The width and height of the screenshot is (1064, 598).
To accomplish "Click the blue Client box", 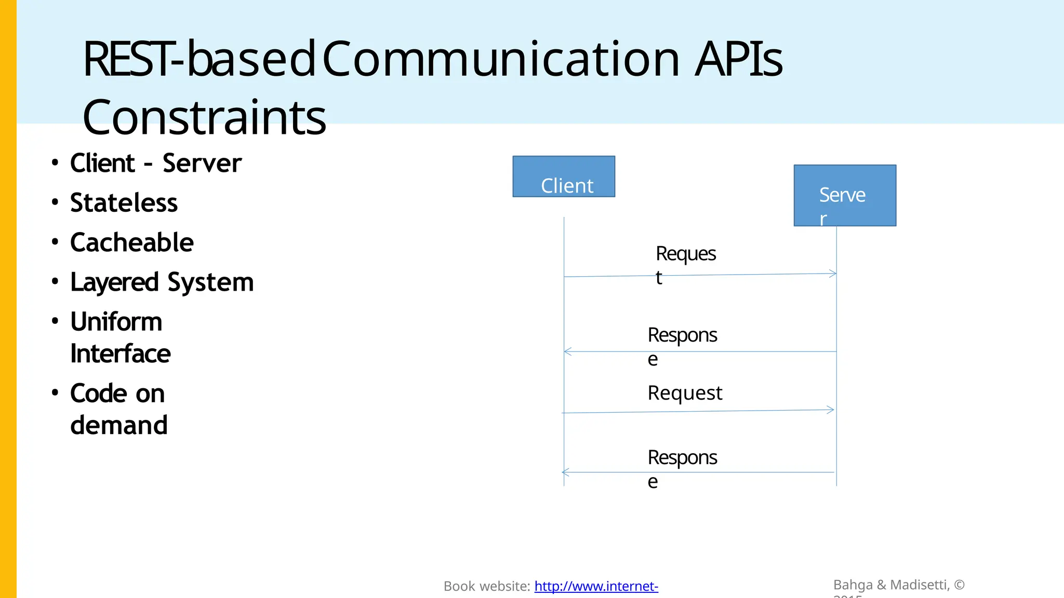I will coord(564,176).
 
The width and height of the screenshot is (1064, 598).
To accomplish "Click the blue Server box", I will coord(845,195).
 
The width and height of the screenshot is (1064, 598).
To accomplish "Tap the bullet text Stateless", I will coord(124,203).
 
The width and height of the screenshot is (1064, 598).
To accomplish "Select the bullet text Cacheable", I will coord(132,243).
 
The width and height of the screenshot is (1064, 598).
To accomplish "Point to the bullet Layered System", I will coord(162,283).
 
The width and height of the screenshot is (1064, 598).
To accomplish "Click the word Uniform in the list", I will coord(116,322).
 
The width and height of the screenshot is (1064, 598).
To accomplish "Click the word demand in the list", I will coord(119,425).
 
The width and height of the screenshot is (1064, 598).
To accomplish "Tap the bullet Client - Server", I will coord(155,164).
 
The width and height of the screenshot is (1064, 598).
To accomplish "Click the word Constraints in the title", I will coord(204,117).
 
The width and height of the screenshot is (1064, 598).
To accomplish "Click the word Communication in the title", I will coord(501,59).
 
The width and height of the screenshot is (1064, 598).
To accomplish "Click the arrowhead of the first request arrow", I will coord(833,273).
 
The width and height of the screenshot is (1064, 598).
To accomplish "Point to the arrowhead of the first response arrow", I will coord(567,351).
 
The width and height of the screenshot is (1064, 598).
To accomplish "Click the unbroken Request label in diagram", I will coord(685,393).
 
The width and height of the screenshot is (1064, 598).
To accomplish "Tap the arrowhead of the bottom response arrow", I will coord(565,472).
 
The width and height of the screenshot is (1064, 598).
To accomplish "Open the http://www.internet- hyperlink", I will coord(596,586).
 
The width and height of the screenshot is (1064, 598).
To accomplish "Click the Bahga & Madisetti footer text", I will coord(899,585).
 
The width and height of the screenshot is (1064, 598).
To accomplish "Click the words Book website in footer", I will coord(486,587).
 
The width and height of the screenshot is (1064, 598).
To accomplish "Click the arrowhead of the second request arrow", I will coord(831,410).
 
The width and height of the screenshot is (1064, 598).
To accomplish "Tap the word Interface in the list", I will coord(121,354).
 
